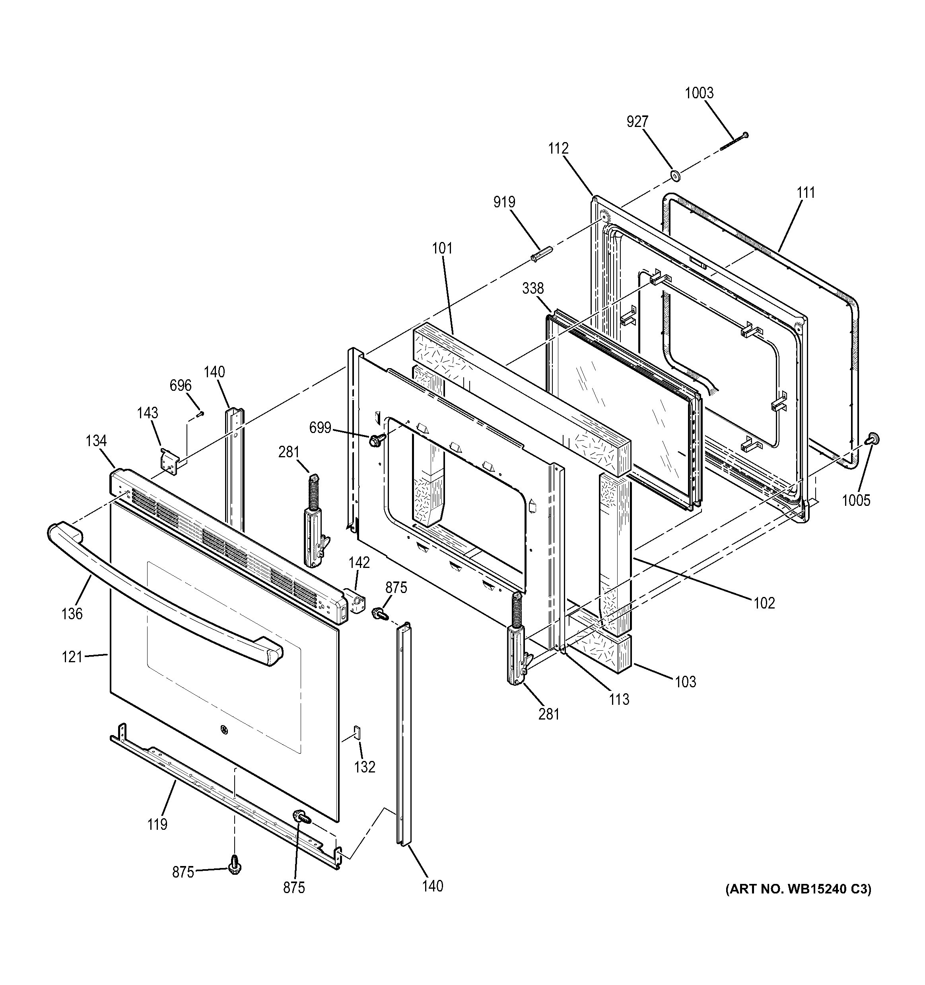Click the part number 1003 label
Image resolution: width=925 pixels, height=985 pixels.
click(x=699, y=93)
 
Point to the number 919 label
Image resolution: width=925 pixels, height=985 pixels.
click(x=504, y=202)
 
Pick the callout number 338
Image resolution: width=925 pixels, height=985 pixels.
click(x=533, y=289)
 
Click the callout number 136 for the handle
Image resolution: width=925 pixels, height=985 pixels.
click(x=72, y=614)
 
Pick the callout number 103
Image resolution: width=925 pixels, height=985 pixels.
click(x=685, y=682)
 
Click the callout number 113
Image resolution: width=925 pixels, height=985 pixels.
click(x=619, y=699)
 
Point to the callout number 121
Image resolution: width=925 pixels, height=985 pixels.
click(x=72, y=657)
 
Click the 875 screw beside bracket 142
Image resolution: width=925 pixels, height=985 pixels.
click(x=380, y=613)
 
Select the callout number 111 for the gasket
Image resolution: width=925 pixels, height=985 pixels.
click(x=806, y=193)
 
